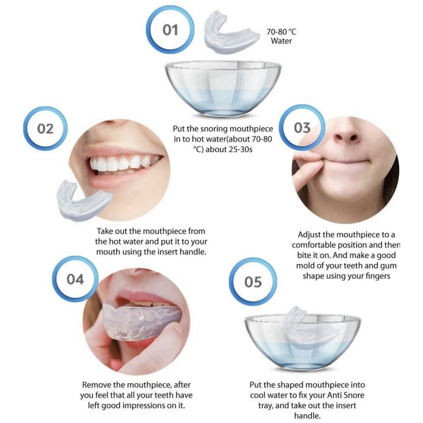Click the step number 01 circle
170,30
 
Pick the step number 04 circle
75,279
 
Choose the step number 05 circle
253,282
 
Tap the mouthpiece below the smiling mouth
83,199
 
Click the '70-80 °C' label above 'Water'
281,32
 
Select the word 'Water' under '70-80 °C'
281,41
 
